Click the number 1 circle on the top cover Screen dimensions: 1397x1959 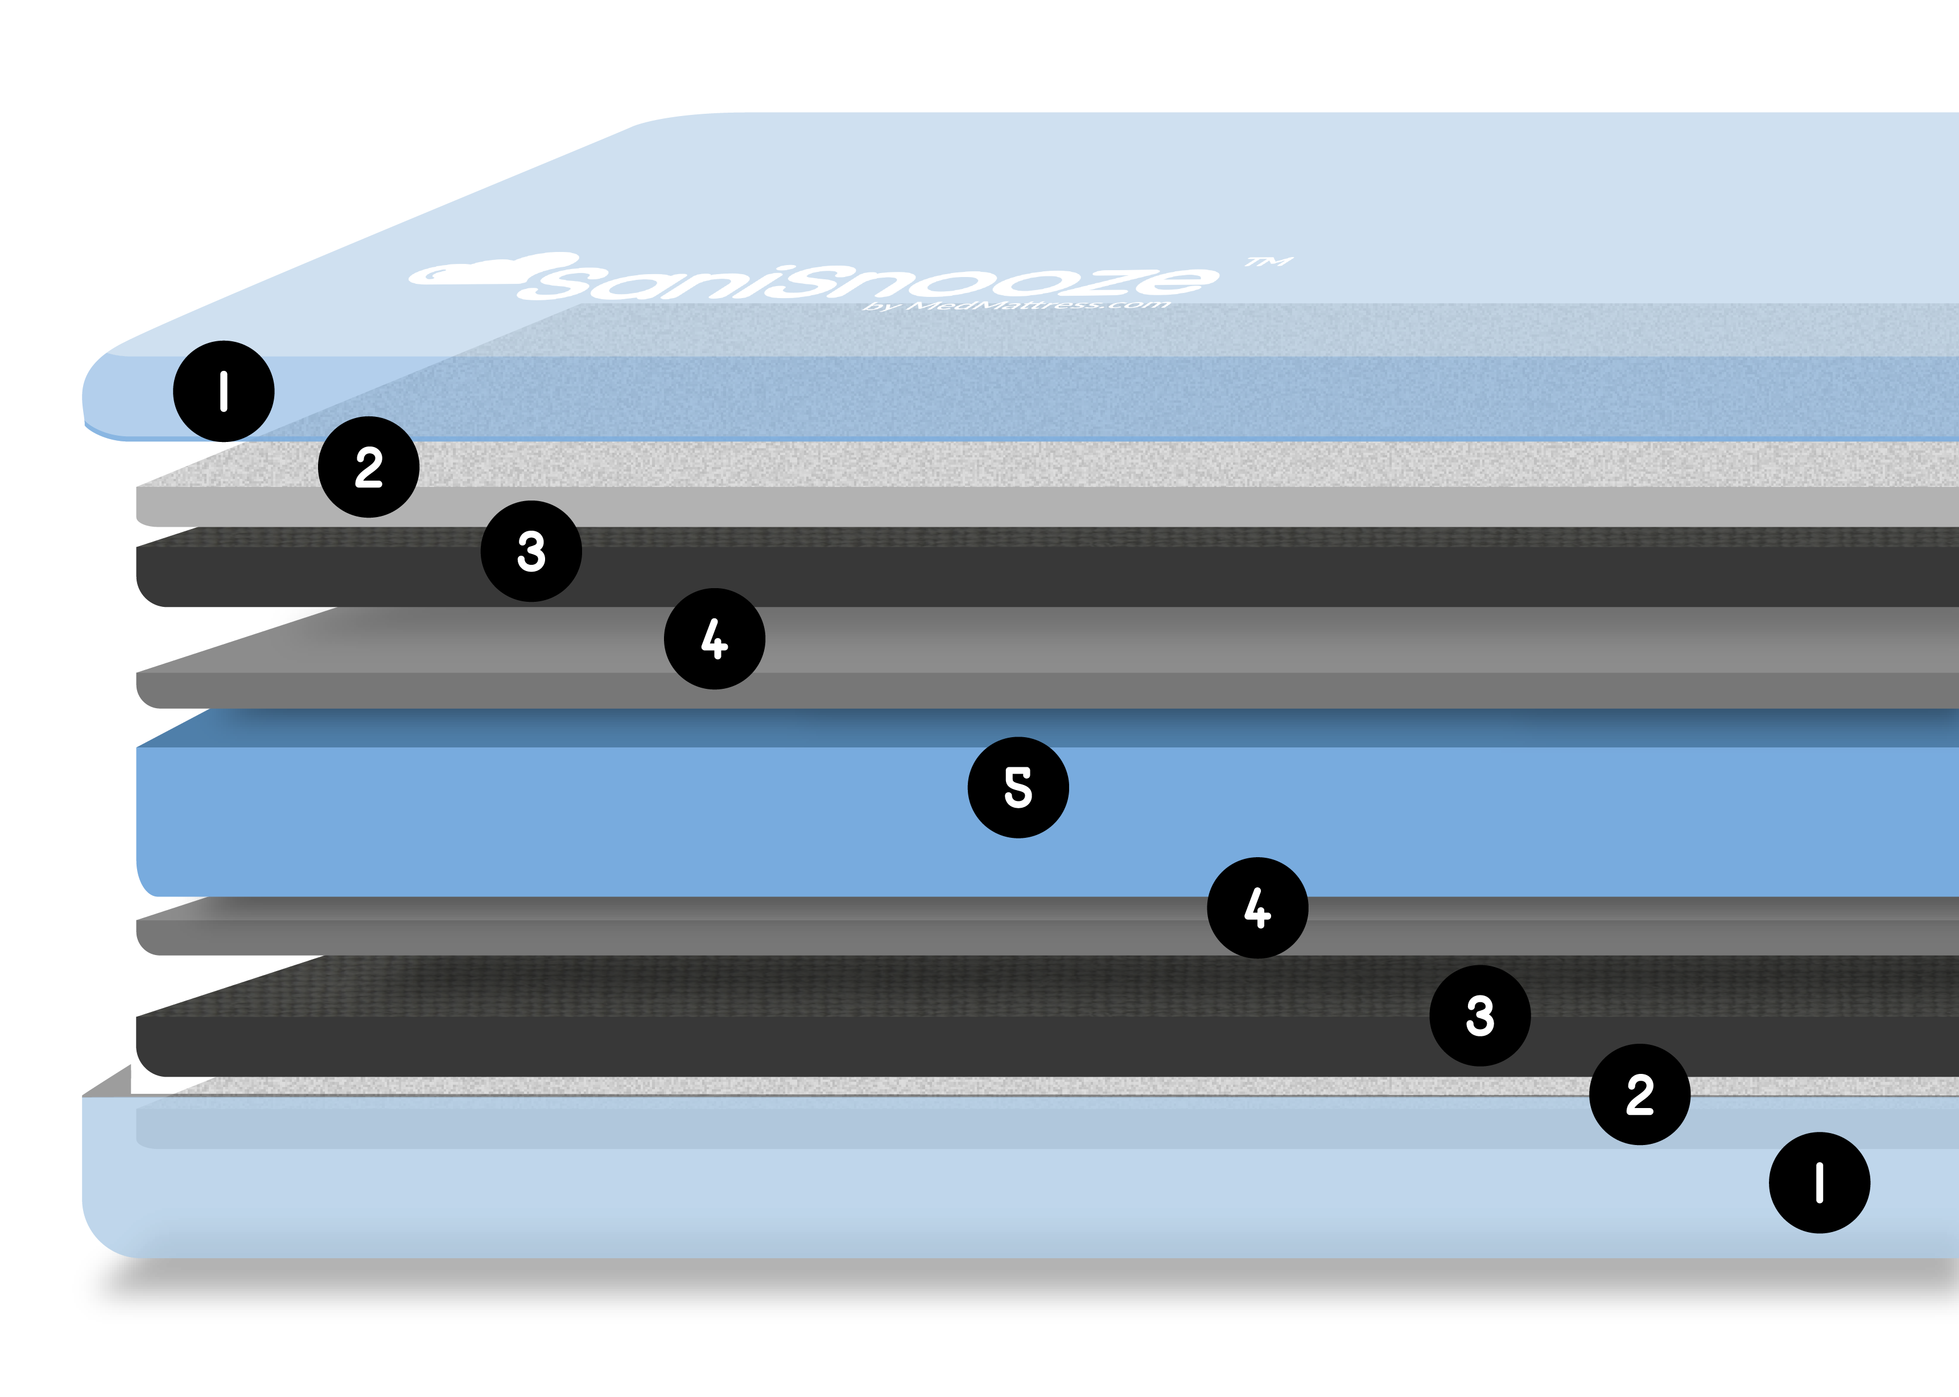tap(224, 391)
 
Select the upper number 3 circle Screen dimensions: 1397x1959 tap(531, 551)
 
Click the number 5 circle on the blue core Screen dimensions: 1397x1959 tap(1018, 787)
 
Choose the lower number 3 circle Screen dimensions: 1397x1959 tap(1480, 1015)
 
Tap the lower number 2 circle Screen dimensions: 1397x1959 tap(1639, 1094)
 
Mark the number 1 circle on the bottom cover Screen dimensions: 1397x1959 tap(1819, 1183)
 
